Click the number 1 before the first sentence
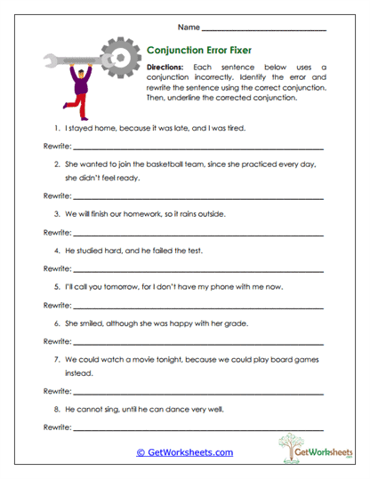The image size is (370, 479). pyautogui.click(x=56, y=128)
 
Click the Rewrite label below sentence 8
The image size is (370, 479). pyautogui.click(x=56, y=427)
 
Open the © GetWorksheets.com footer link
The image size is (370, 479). pyautogui.click(x=184, y=451)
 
